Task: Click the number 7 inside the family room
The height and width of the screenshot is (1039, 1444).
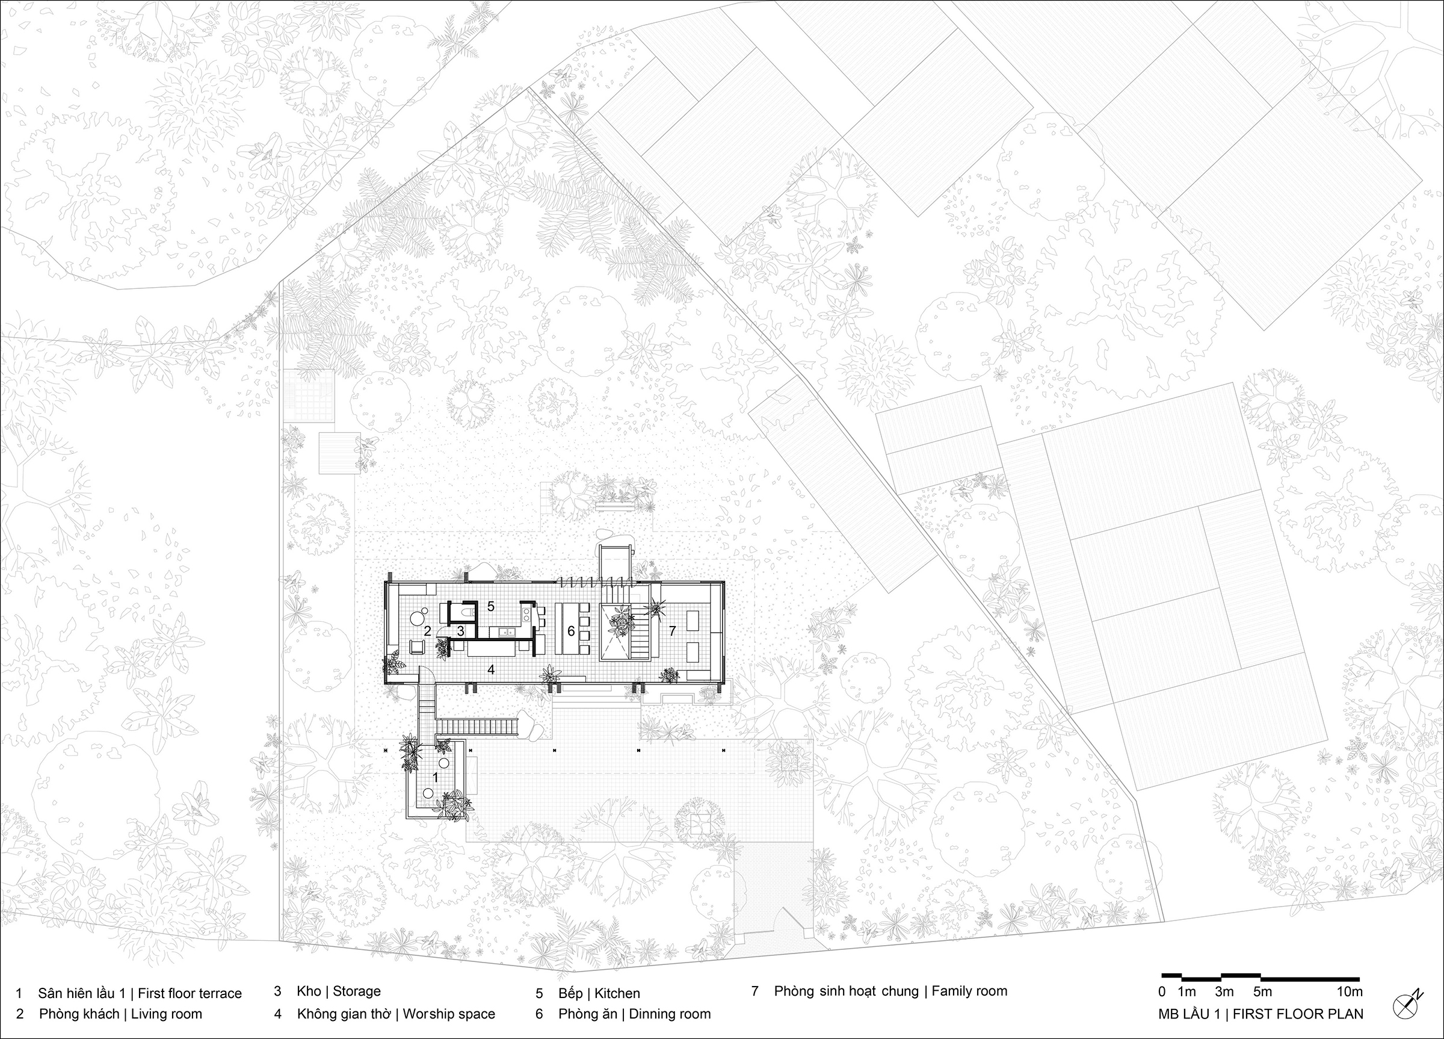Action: pyautogui.click(x=671, y=631)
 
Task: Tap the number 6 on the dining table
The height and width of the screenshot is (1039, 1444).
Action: pyautogui.click(x=571, y=631)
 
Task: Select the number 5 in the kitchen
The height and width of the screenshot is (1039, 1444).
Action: pyautogui.click(x=491, y=606)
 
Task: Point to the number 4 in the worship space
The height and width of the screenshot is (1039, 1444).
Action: pyautogui.click(x=491, y=669)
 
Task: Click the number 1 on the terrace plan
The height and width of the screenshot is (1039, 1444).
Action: pyautogui.click(x=436, y=777)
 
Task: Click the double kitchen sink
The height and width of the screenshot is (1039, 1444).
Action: pyautogui.click(x=507, y=632)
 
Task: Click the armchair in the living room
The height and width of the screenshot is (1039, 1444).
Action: pyautogui.click(x=417, y=647)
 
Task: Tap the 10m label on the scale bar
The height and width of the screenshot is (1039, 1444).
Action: pyautogui.click(x=1349, y=992)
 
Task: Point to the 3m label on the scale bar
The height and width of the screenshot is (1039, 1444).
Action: pyautogui.click(x=1224, y=992)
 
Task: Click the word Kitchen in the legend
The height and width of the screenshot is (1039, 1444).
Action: pyautogui.click(x=617, y=993)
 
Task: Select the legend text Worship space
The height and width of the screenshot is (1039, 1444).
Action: pyautogui.click(x=449, y=1014)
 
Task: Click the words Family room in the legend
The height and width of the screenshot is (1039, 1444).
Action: pyautogui.click(x=970, y=991)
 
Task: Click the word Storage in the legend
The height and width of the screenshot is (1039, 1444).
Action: pyautogui.click(x=357, y=991)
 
